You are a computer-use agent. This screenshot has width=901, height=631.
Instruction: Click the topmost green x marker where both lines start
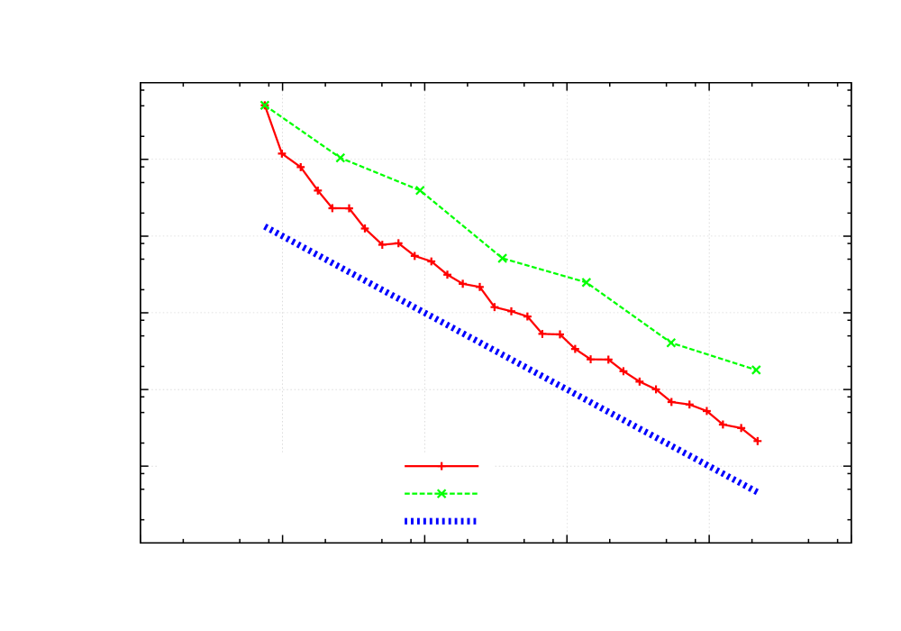(x=264, y=105)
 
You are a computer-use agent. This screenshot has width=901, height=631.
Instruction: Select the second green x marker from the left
(x=341, y=158)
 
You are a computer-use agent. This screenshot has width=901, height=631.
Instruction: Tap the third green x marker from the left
(x=420, y=190)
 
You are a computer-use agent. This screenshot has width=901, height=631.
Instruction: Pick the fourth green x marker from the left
(x=503, y=258)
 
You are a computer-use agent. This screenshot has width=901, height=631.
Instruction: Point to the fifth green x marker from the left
(x=587, y=282)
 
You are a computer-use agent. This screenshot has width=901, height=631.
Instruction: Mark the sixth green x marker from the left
(x=671, y=343)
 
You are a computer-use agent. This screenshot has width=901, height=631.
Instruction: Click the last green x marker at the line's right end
(x=756, y=370)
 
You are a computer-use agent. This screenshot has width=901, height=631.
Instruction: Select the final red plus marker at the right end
(x=758, y=441)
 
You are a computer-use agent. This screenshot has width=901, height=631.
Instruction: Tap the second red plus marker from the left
(x=281, y=153)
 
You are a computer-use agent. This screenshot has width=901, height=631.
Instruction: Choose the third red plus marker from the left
(x=301, y=168)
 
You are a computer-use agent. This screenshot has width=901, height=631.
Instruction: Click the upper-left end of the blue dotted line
(x=265, y=226)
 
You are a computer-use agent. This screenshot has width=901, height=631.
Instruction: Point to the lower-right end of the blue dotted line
(x=757, y=492)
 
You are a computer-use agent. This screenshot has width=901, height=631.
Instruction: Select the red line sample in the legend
(x=441, y=466)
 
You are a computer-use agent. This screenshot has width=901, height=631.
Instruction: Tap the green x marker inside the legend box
(x=441, y=494)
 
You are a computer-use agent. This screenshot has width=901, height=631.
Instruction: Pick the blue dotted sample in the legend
(x=441, y=521)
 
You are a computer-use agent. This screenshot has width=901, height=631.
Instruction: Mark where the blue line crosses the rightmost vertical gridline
(x=709, y=466)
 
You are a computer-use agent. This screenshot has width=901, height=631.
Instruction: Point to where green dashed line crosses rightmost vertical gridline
(x=709, y=355)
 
